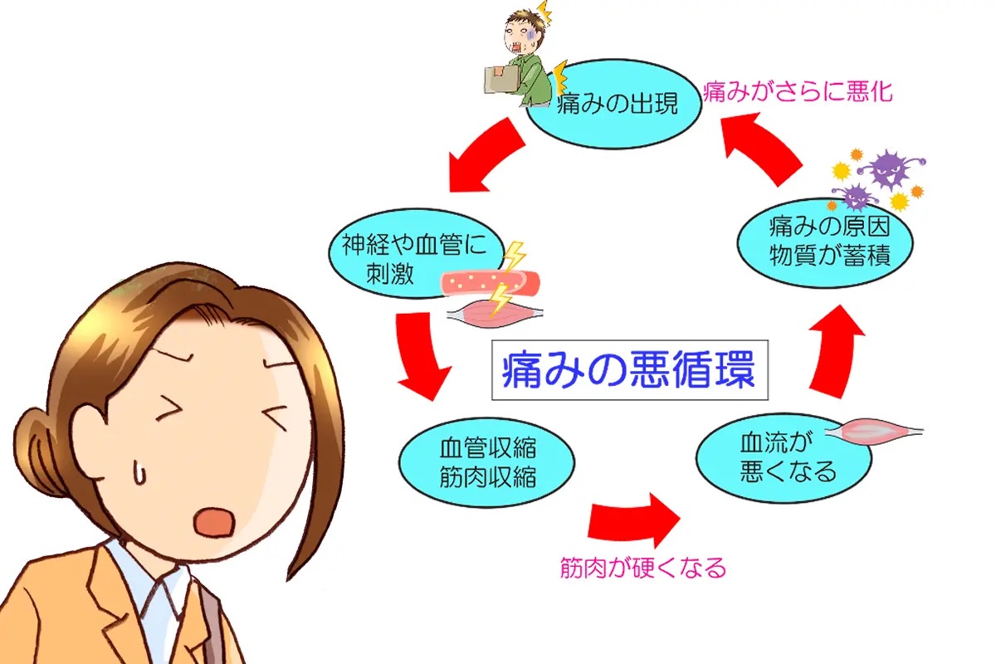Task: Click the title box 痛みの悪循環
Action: click(x=627, y=370)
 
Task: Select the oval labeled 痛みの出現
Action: click(x=616, y=104)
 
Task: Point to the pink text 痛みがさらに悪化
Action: click(x=798, y=91)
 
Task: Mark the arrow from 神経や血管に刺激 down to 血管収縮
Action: click(x=421, y=353)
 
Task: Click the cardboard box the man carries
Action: click(x=504, y=79)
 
